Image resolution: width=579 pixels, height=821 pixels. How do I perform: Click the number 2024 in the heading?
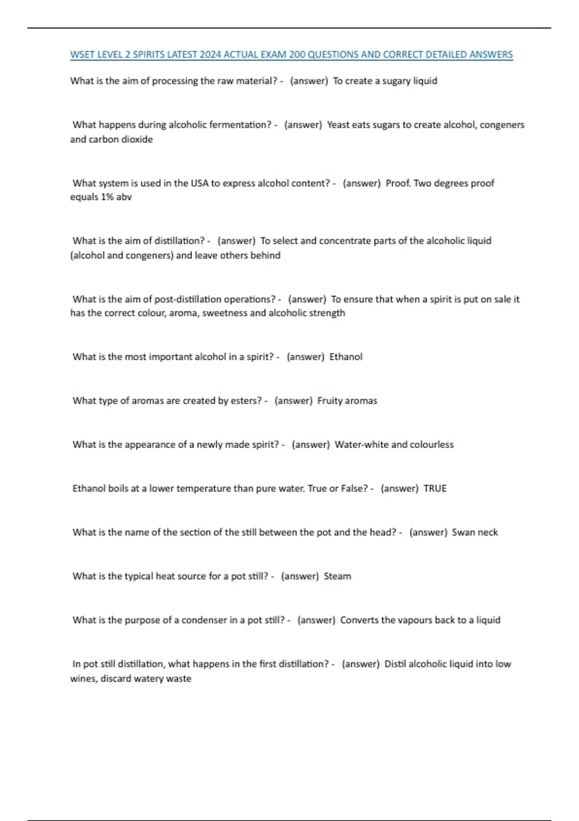210,55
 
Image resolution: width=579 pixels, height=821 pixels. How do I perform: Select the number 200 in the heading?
297,55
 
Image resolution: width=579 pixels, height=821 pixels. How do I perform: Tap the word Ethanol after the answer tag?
345,357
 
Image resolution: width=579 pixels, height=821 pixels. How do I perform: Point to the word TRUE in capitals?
435,488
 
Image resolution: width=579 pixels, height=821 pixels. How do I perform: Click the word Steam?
337,576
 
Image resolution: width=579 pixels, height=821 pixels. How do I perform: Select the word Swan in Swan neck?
463,532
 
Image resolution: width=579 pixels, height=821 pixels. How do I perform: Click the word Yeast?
338,125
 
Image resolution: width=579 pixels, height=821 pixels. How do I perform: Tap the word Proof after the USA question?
398,183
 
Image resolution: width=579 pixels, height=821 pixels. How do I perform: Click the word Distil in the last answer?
395,664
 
